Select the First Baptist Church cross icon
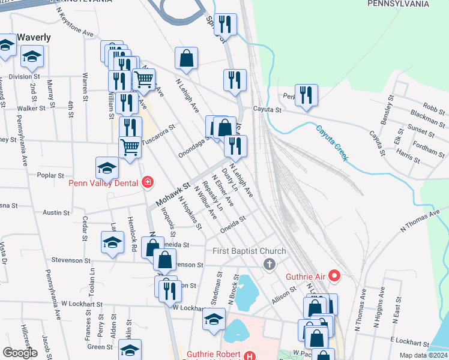270,263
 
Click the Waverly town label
34,37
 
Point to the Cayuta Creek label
332,142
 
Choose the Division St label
25,77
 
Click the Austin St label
56,212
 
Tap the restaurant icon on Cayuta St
306,95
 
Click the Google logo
20,352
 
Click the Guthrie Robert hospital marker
250,355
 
